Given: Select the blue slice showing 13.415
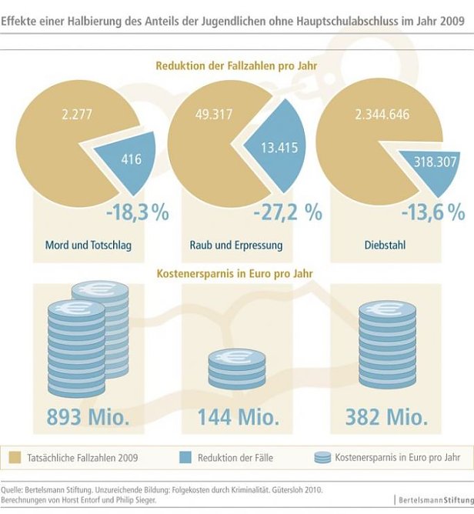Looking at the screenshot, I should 272,148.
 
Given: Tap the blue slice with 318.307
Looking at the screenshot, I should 428,162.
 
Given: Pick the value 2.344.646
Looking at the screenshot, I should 382,115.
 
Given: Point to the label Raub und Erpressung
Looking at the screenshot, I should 236,245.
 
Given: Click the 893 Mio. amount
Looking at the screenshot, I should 88,416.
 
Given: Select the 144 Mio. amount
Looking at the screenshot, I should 237,416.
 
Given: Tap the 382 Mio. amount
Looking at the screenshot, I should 386,416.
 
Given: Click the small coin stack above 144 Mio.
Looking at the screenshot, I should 236,368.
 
